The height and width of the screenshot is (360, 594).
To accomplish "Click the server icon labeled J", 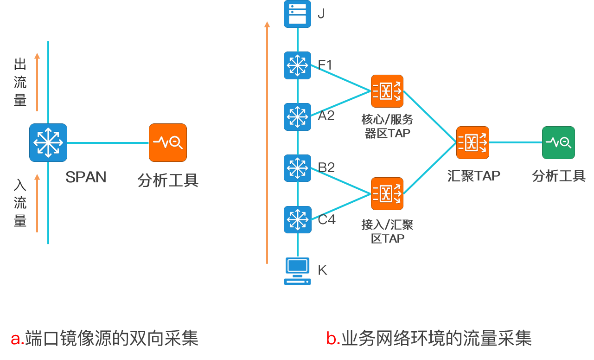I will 297,14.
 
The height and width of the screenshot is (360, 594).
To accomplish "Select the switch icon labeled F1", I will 297,65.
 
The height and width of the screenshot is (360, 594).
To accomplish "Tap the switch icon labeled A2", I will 297,116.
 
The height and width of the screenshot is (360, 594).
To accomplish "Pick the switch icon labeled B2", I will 297,168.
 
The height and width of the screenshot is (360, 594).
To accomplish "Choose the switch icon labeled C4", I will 297,219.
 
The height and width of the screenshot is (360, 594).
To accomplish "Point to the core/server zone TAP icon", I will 387,91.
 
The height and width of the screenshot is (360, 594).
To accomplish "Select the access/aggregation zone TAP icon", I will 387,193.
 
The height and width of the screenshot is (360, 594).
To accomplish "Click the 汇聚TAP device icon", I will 473,142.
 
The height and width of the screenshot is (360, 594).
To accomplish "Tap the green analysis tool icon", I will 558,142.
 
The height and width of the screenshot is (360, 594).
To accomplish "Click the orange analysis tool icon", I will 168,142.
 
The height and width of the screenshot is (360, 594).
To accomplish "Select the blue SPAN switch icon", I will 48,142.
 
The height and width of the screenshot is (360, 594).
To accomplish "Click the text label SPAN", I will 86,177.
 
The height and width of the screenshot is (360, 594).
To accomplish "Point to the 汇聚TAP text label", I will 473,176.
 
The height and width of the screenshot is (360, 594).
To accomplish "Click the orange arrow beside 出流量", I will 37,82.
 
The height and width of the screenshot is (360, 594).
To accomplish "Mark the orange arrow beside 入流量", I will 37,203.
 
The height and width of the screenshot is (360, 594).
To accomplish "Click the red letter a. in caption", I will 17,338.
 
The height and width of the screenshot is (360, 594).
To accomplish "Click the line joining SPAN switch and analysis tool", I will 108,142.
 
